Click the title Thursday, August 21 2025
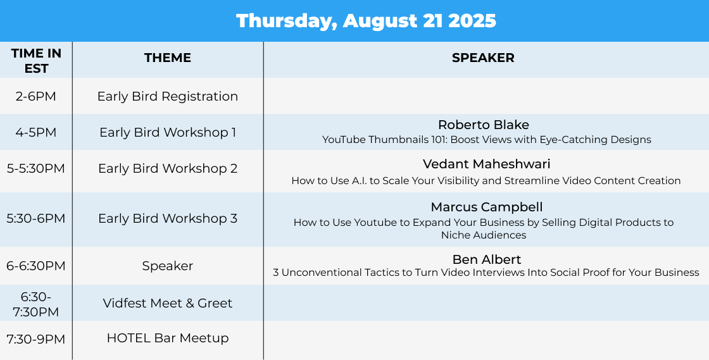pos(366,21)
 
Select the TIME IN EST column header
pos(36,61)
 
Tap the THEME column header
pos(168,58)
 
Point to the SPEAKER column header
pos(483,58)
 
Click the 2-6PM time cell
pos(35,96)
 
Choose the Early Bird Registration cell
pos(168,96)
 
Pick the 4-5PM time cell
pos(35,132)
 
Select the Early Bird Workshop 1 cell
pos(168,132)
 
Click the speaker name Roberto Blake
pos(484,125)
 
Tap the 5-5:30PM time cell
pos(35,168)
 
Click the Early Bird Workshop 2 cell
pos(168,168)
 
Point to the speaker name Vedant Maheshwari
pos(487,163)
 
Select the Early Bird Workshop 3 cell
pos(168,218)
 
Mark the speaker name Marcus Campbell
pos(487,207)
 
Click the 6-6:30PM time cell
pos(35,266)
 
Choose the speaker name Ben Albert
pos(487,259)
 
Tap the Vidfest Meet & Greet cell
pos(168,303)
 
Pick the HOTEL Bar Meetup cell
pos(168,338)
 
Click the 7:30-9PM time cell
pos(35,339)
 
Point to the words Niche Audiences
pos(484,235)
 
